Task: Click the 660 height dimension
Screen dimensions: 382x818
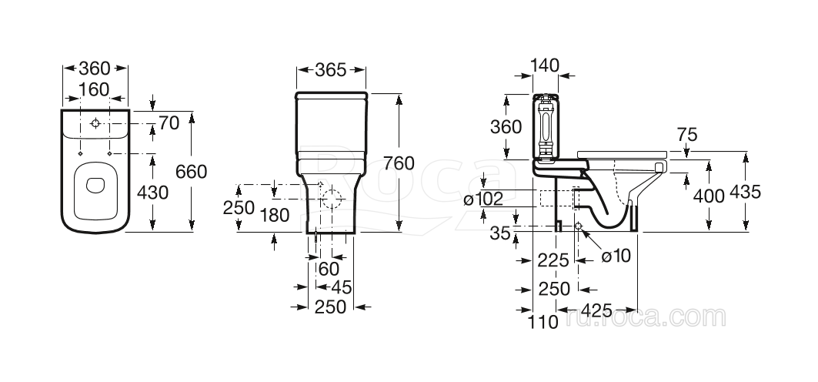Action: coord(191,171)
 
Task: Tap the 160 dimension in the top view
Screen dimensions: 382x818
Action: coord(95,89)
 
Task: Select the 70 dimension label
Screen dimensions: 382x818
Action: coord(169,122)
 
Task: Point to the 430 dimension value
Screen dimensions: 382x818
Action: coord(152,192)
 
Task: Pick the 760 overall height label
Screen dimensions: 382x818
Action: coord(399,163)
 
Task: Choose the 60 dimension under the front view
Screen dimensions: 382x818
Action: coord(329,269)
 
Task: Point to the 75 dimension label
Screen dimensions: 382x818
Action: coord(687,135)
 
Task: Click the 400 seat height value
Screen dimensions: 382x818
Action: coord(709,196)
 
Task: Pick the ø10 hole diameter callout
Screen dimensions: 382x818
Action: coord(616,256)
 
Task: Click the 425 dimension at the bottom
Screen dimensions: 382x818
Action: coord(596,310)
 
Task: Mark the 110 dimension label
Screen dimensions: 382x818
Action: coord(543,322)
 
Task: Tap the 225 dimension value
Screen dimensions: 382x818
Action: coord(554,261)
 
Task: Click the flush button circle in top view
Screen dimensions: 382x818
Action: coord(95,123)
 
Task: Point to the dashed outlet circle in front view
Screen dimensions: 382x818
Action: coord(332,198)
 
